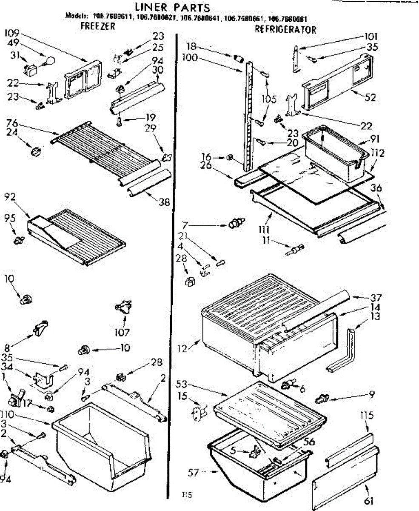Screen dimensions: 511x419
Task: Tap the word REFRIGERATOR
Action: (x=285, y=30)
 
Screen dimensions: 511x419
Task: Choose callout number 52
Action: (x=371, y=98)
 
